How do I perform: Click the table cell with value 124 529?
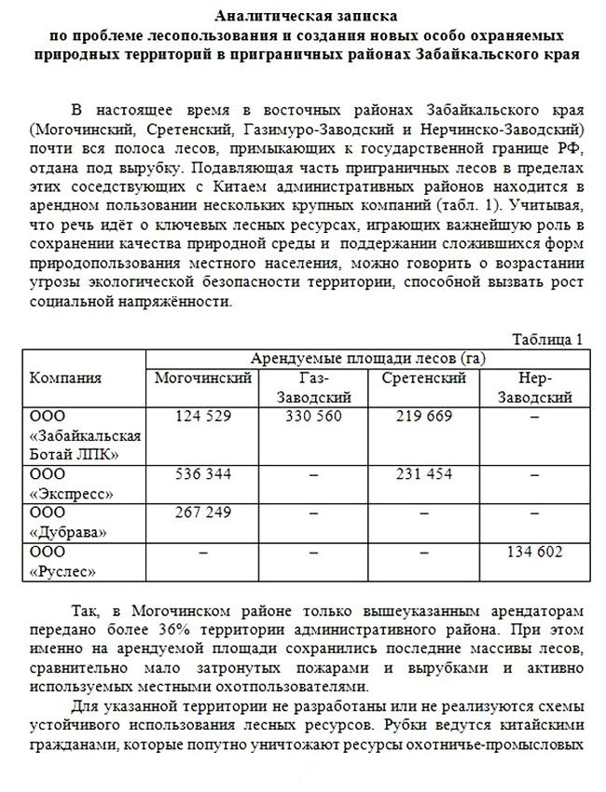pyautogui.click(x=204, y=416)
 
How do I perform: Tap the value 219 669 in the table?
pyautogui.click(x=424, y=416)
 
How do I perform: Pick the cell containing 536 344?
pyautogui.click(x=204, y=474)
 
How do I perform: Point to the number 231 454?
pyautogui.click(x=424, y=474)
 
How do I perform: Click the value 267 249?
pyautogui.click(x=204, y=512)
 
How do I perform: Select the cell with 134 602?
pyautogui.click(x=534, y=552)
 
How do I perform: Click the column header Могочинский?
pyautogui.click(x=204, y=377)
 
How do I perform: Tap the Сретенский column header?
pyautogui.click(x=424, y=377)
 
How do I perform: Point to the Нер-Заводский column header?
pyautogui.click(x=534, y=387)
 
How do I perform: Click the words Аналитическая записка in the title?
pyautogui.click(x=303, y=17)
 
